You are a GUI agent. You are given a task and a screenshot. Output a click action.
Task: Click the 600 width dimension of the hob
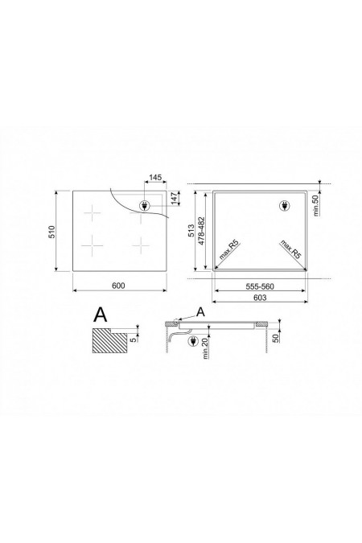(118, 286)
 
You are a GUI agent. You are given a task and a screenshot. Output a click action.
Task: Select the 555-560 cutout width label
(257, 286)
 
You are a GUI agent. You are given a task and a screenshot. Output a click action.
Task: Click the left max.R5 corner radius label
(228, 253)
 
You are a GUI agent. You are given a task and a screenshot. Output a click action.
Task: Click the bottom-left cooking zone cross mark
(94, 244)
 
